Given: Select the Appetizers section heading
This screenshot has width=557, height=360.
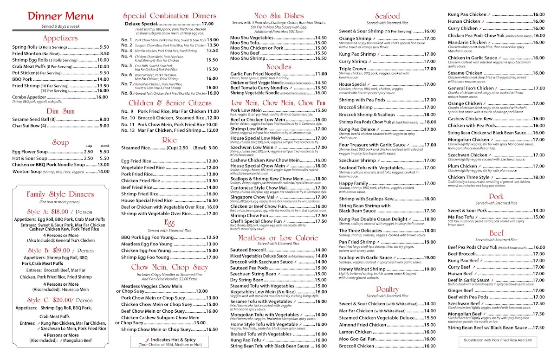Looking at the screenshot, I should point(60,38).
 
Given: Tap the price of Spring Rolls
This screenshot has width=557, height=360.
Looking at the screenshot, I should point(104,47).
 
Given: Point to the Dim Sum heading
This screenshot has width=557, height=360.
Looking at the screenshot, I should point(60,111).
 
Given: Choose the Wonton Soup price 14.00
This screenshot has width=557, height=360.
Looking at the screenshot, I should point(104,172).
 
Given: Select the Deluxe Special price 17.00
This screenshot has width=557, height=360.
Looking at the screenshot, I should point(208,24).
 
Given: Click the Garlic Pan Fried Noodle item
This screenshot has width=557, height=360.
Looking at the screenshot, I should point(255,74).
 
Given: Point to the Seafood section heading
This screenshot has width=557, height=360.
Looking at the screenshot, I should point(387,16).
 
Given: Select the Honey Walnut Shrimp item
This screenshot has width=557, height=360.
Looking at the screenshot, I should point(363,269).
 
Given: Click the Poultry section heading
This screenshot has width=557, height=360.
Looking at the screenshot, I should point(387,289).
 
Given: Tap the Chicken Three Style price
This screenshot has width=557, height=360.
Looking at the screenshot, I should point(538,177).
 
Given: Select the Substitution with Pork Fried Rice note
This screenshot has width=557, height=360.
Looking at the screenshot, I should point(496,340).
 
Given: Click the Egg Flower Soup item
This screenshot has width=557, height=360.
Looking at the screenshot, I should point(30,152).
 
